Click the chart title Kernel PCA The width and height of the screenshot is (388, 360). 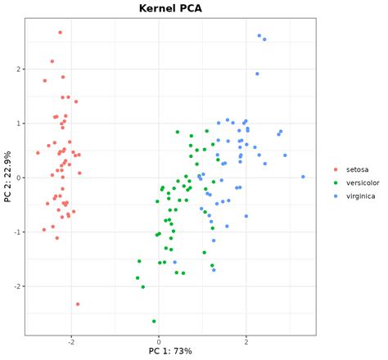pyautogui.click(x=170, y=8)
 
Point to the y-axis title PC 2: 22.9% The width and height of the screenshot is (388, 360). pyautogui.click(x=7, y=178)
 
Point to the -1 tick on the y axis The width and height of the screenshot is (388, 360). pyautogui.click(x=15, y=232)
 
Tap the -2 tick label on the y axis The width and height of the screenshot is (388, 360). pyautogui.click(x=15, y=286)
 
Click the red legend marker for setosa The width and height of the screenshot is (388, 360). pyautogui.click(x=336, y=170)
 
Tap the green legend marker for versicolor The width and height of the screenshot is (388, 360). pyautogui.click(x=336, y=183)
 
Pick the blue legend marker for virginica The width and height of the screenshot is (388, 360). pyautogui.click(x=336, y=196)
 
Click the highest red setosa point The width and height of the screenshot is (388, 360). pyautogui.click(x=60, y=33)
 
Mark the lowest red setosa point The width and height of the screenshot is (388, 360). pyautogui.click(x=78, y=304)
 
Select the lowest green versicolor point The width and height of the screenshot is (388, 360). pyautogui.click(x=154, y=322)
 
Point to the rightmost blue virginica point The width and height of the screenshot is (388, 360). pyautogui.click(x=303, y=177)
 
